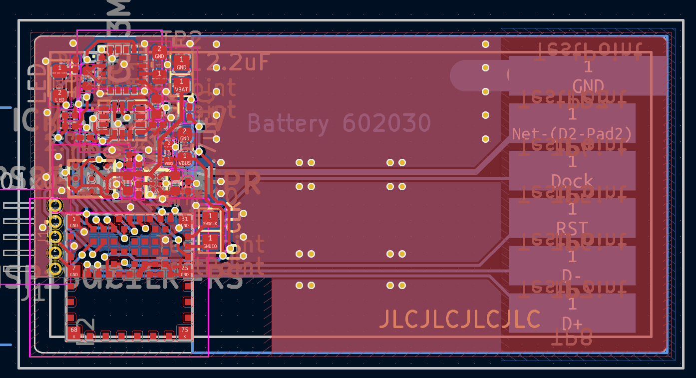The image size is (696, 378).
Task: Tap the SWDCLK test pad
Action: point(210,219)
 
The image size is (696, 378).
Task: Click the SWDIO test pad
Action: point(210,242)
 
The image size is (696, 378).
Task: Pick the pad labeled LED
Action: point(59,96)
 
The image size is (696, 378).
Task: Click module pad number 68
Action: point(74,332)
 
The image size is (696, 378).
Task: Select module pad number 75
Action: point(185,332)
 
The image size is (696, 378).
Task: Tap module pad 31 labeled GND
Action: point(185,221)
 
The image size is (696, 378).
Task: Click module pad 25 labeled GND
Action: point(185,271)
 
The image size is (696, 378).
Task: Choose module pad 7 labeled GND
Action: point(74,271)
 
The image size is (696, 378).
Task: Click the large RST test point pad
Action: point(572,218)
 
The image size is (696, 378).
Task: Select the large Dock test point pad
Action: point(572,171)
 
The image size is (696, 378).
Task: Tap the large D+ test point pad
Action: point(572,313)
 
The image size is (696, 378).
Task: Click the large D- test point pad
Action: point(572,266)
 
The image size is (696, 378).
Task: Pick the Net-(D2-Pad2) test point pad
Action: point(572,123)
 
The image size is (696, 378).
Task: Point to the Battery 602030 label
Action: point(339,123)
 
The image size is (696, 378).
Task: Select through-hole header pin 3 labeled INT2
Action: point(55,236)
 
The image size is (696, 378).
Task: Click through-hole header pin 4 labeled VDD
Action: point(55,252)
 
